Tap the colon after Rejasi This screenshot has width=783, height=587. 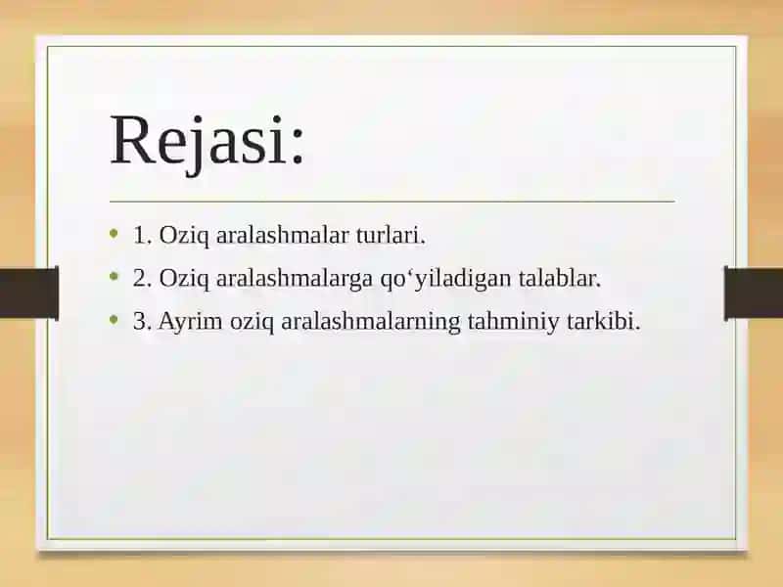pos(298,146)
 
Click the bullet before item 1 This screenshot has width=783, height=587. pos(115,233)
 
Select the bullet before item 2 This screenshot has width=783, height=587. pos(115,276)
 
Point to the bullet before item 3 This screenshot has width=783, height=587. pos(115,319)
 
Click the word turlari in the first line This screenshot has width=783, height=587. pos(391,235)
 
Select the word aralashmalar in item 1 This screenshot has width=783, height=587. pos(282,235)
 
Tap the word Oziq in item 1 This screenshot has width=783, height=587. pos(185,236)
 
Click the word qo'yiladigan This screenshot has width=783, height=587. pos(445,279)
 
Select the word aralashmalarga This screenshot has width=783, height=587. pos(295,279)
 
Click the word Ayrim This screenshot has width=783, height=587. pos(190,322)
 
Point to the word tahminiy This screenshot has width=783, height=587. pos(513,322)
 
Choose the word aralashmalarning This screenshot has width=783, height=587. pos(371,322)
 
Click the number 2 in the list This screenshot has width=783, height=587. pos(139,278)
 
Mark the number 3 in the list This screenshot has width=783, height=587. pos(139,321)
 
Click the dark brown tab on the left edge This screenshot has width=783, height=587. pos(29,293)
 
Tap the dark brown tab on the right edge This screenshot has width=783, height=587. pos(754,293)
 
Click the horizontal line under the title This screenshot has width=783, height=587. pos(392,202)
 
